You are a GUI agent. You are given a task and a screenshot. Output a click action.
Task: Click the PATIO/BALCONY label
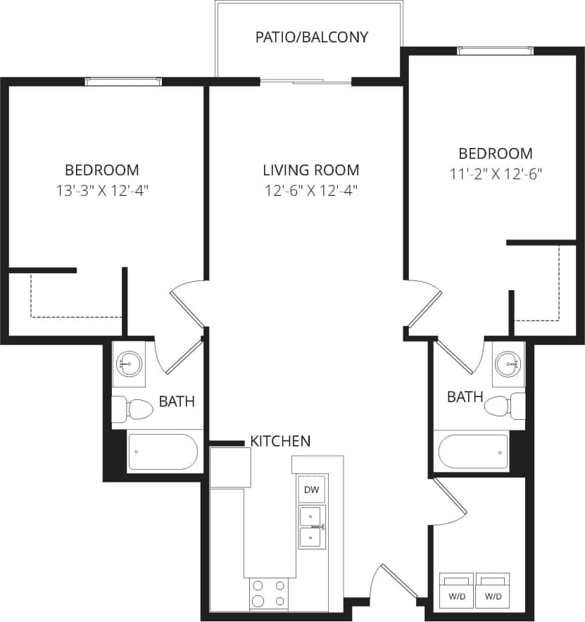pos(311,37)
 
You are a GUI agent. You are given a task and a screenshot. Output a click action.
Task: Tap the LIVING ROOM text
pos(310,170)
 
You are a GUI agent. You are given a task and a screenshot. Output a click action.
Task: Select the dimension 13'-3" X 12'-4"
pos(102,189)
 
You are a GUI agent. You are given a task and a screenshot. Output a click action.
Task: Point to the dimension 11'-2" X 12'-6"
pos(496,173)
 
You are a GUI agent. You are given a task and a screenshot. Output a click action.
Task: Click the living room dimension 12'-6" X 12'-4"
pos(310,190)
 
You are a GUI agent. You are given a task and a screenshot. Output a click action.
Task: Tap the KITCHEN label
pos(280,442)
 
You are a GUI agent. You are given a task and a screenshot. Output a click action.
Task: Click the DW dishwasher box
pos(310,490)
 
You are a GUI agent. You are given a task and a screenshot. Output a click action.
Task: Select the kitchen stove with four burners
pos(268,593)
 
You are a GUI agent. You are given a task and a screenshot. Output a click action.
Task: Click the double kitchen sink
pos(311,527)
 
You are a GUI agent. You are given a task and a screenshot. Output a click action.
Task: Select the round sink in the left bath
pos(129,364)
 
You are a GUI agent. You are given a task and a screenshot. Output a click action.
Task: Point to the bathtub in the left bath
pos(163,452)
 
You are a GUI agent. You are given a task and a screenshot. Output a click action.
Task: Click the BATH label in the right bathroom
pos(465,397)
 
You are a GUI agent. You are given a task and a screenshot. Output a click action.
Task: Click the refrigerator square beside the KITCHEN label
pos(229,466)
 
